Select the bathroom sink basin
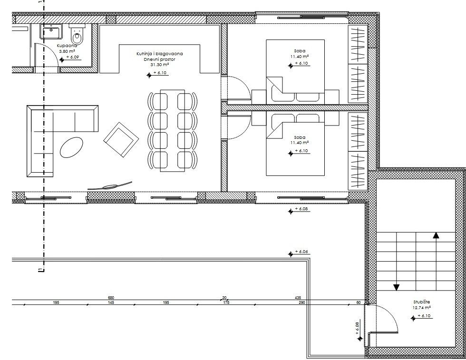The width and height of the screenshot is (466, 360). coord(51,33)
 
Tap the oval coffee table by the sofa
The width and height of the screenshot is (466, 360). coord(72,147)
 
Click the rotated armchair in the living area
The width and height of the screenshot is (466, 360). coord(122,139)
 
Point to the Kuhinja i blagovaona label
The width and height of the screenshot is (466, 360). coord(159,54)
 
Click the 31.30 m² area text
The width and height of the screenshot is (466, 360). coord(159,65)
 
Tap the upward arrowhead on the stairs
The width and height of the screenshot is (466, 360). coord(436,234)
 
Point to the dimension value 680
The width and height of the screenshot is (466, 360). coord(111,298)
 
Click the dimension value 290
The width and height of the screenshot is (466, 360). coord(301,302)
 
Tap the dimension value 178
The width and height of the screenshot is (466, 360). coord(226,302)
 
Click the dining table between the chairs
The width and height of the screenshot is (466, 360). coord(172,129)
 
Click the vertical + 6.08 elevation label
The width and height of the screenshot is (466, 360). coord(357,329)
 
